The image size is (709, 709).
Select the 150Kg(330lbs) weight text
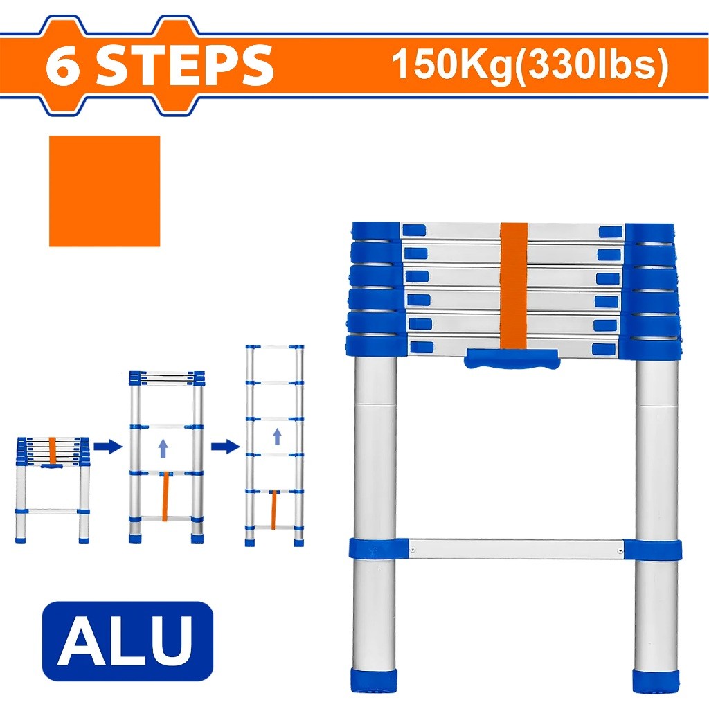coord(530,66)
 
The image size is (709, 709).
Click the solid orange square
coord(105,191)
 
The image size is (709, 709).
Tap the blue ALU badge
coord(127,641)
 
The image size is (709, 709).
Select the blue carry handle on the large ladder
coord(512,359)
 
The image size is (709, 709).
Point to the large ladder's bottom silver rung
coord(516,549)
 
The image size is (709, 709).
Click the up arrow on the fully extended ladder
coord(277,436)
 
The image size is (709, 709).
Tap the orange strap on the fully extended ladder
coord(276,509)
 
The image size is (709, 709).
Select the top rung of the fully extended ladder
coord(276,346)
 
